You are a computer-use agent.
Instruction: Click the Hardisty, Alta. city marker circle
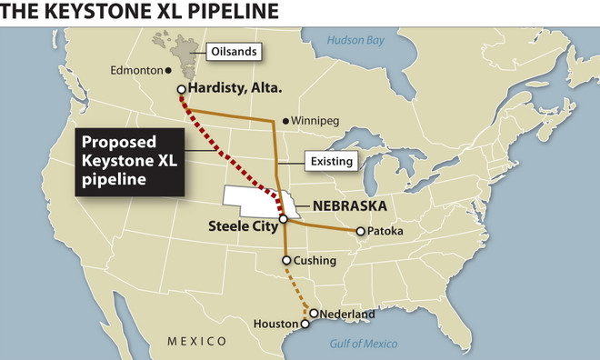coord(182,88)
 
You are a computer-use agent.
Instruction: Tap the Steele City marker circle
coord(284,219)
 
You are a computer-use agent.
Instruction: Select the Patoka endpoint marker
coord(361,231)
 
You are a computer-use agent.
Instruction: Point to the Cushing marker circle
coord(286,261)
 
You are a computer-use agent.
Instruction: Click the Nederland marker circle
coord(314,314)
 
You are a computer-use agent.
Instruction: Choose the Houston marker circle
coord(305,323)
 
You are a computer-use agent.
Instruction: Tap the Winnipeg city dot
coord(285,120)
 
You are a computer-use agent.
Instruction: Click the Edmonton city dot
coord(169,70)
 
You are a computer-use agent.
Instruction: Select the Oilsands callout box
coord(235,52)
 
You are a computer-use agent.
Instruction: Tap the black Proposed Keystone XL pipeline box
coord(129,162)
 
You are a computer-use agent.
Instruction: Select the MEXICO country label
coord(195,341)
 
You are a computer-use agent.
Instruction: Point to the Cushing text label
coord(315,261)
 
